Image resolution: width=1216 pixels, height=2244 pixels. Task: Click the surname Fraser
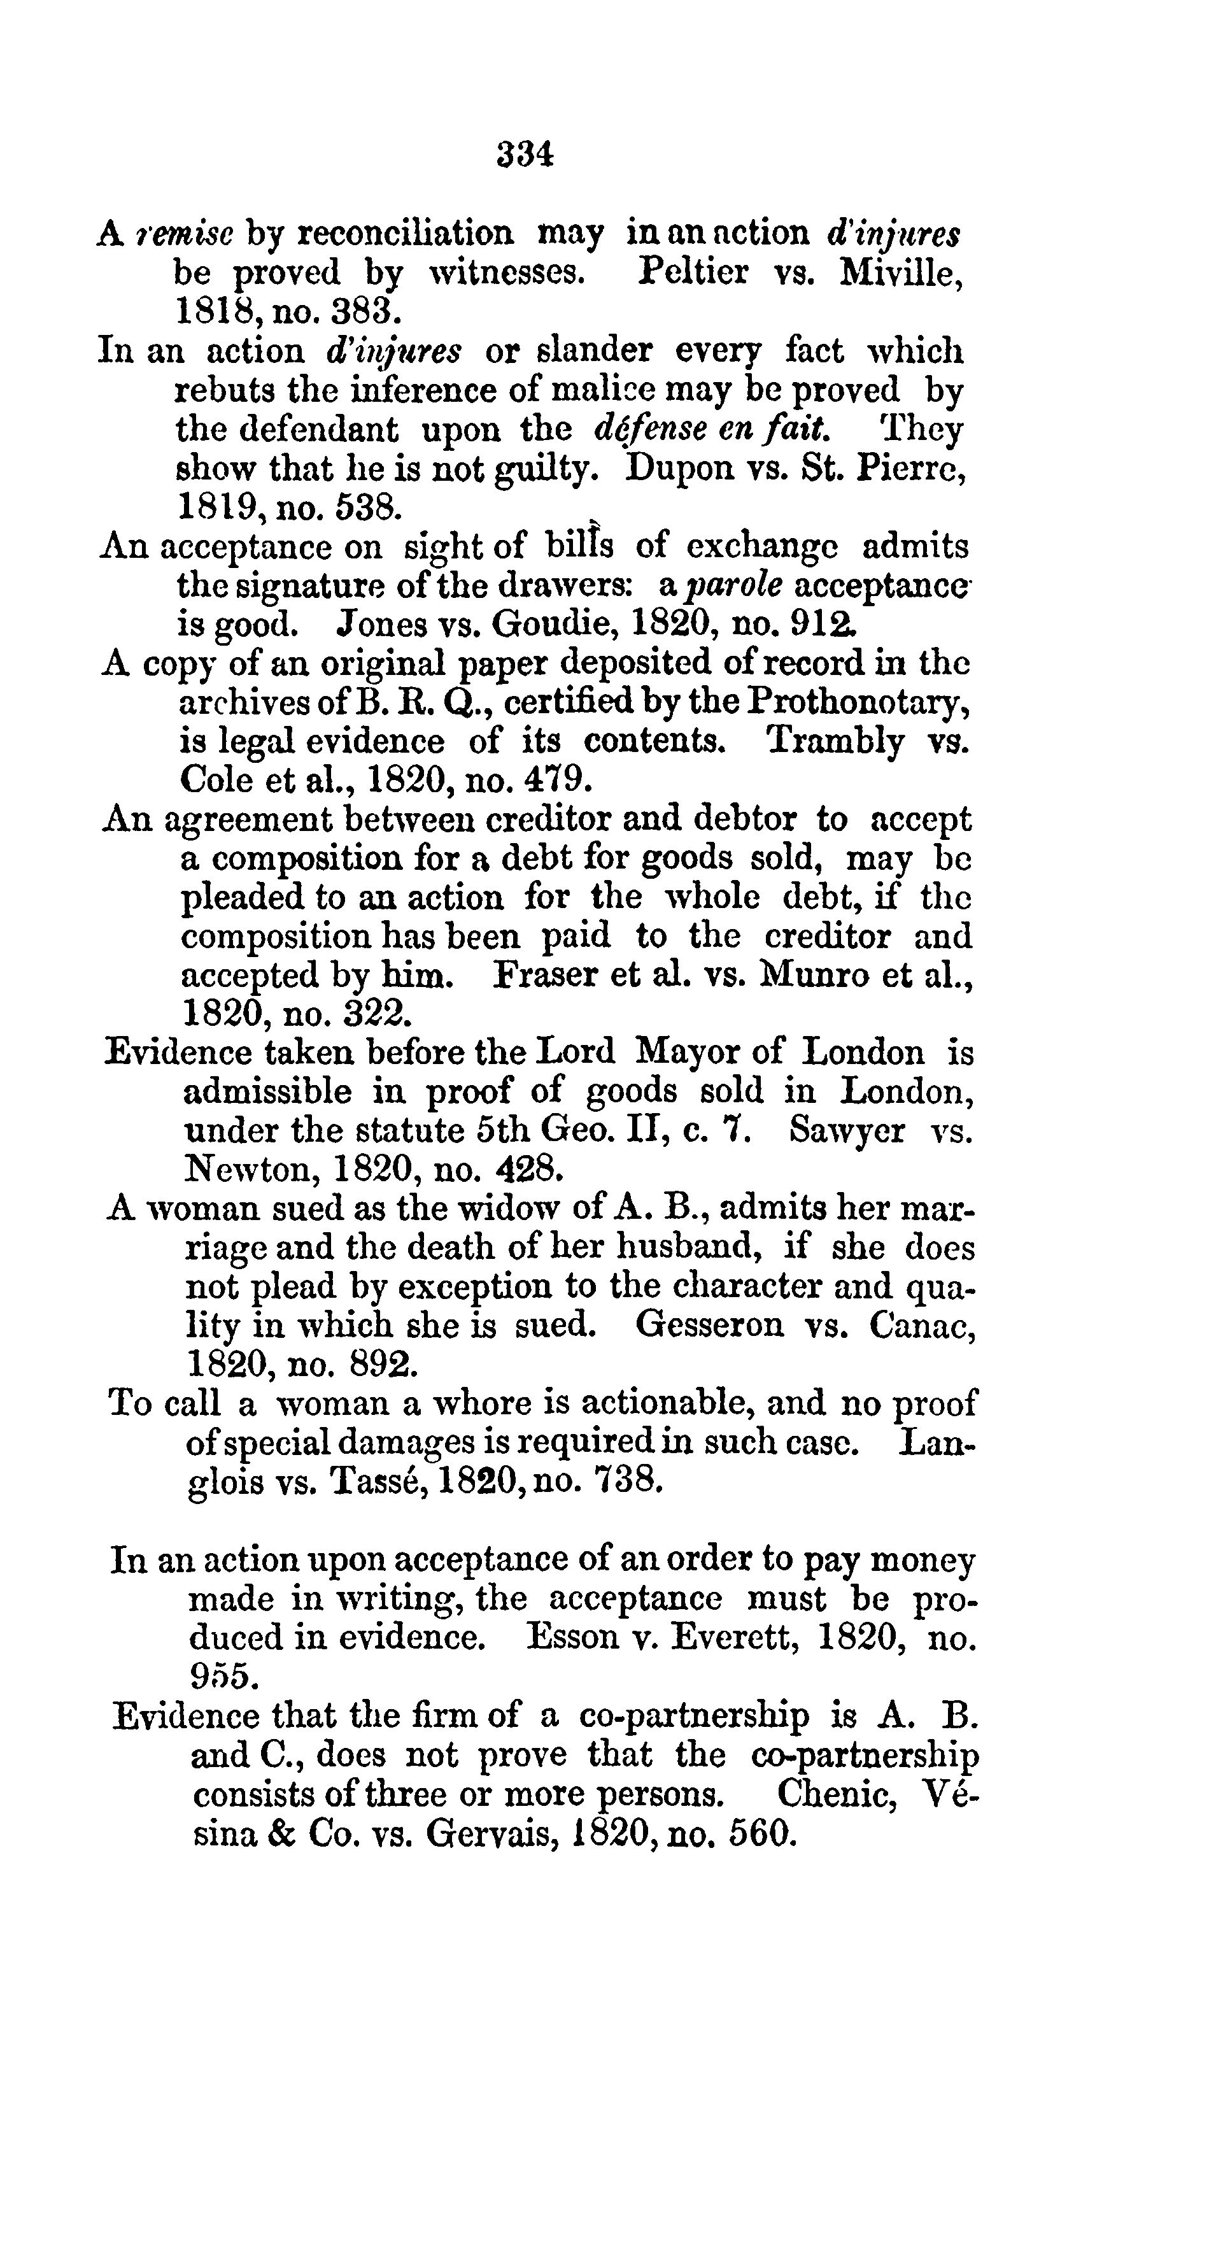point(544,974)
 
